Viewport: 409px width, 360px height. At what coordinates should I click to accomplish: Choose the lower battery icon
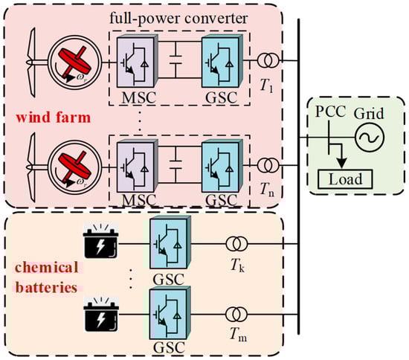tap(104, 313)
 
